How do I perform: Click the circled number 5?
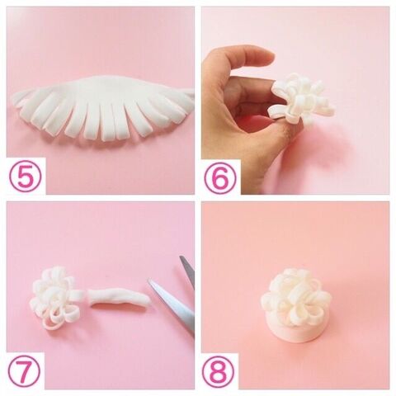pos(26,176)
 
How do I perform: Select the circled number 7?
pos(24,371)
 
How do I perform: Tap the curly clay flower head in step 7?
pos(52,298)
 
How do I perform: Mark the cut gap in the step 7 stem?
pos(88,299)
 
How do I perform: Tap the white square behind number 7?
pos(26,370)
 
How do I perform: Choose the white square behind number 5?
pos(26,176)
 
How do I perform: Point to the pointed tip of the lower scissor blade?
pos(148,280)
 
